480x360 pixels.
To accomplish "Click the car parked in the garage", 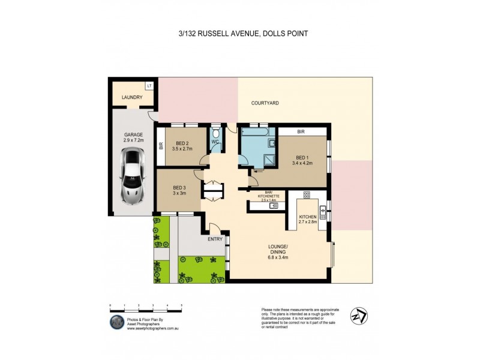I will (132, 175).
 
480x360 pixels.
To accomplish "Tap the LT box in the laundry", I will (149, 87).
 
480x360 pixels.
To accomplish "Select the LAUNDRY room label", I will (132, 97).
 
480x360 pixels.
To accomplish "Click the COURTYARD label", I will (265, 103).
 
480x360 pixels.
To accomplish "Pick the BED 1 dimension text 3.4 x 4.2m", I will (303, 162).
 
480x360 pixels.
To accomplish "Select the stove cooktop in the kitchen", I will (307, 195).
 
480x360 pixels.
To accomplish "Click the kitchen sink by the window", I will (322, 210).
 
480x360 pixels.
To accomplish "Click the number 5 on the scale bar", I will (181, 305).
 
